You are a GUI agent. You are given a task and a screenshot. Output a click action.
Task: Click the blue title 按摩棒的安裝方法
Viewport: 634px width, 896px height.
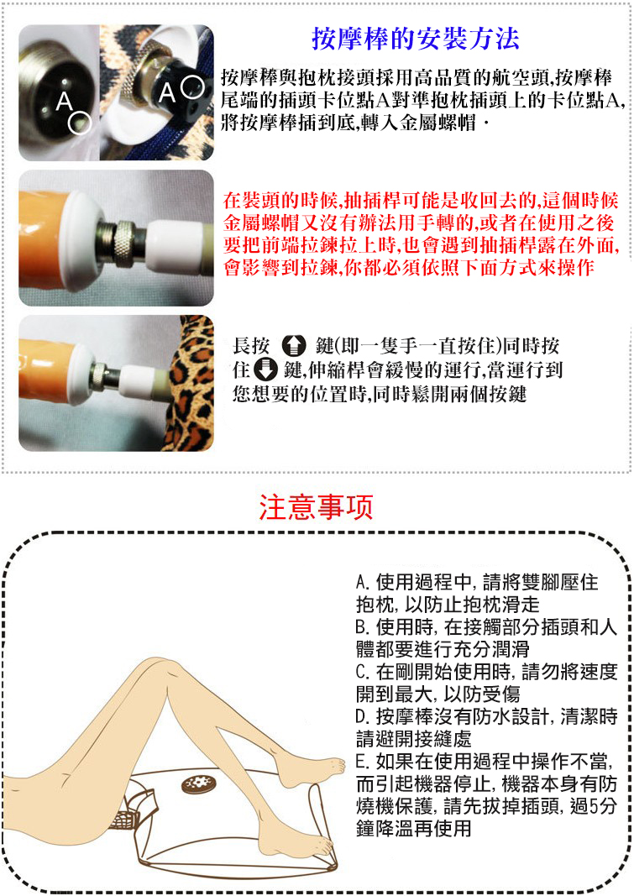tap(415, 39)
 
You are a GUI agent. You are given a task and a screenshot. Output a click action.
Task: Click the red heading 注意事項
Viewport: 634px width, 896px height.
tap(316, 507)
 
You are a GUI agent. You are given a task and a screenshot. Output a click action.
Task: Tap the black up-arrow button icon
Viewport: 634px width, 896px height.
tap(295, 346)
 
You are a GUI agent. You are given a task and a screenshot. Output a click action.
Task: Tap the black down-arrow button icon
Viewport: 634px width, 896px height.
tap(265, 369)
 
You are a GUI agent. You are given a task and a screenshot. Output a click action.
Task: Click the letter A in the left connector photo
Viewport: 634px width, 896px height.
tap(65, 102)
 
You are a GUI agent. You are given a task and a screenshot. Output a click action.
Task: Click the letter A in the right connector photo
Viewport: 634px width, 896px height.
tap(167, 92)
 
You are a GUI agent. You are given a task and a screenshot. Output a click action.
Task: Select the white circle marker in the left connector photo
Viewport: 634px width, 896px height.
tap(80, 123)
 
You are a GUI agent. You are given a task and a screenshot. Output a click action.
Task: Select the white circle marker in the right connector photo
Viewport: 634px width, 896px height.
tap(192, 86)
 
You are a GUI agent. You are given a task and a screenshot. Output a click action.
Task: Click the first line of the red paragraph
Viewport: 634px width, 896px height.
tap(421, 200)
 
